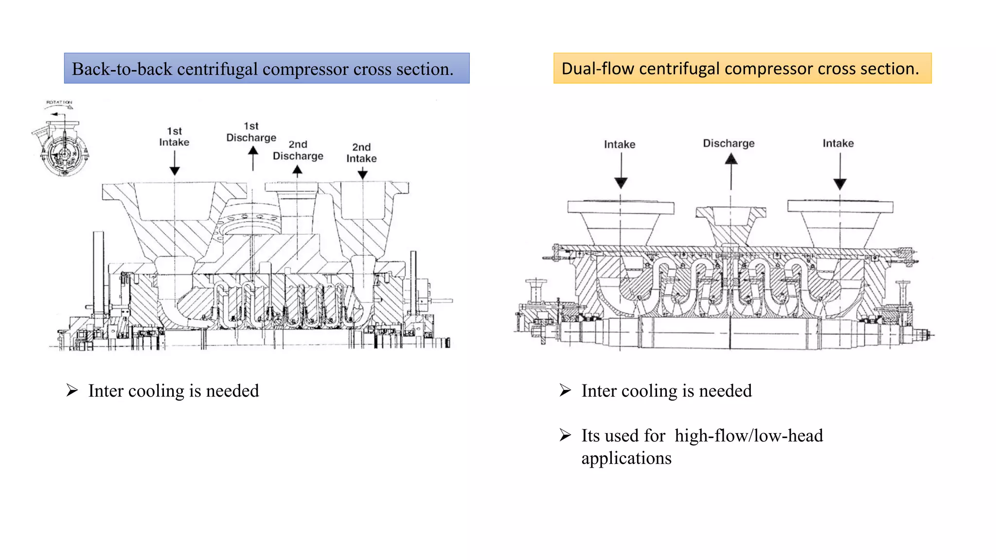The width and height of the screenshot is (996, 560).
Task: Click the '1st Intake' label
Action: click(174, 137)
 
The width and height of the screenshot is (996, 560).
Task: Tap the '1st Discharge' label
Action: click(251, 132)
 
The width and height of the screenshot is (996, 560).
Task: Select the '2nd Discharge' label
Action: click(298, 150)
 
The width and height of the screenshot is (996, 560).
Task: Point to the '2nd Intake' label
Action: click(361, 153)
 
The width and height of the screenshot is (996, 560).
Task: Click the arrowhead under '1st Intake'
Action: click(175, 171)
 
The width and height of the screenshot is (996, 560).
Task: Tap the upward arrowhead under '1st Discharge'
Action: click(253, 151)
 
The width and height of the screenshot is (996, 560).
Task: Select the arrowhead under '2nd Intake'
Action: click(362, 174)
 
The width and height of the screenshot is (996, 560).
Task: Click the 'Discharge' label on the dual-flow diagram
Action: click(729, 143)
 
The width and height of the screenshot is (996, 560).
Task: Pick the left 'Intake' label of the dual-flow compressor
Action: click(620, 144)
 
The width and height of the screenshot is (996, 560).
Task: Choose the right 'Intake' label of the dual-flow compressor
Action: click(838, 143)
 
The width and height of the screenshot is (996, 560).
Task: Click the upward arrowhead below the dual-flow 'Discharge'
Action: click(731, 159)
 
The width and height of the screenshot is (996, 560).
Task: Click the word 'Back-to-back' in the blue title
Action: click(122, 69)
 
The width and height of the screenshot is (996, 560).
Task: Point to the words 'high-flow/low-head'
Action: click(748, 436)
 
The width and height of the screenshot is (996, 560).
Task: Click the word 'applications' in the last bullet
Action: click(626, 458)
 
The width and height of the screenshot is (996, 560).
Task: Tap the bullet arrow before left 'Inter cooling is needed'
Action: click(72, 390)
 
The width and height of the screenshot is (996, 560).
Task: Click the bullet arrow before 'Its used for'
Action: click(565, 435)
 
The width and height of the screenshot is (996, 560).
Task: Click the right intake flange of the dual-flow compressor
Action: click(840, 206)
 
